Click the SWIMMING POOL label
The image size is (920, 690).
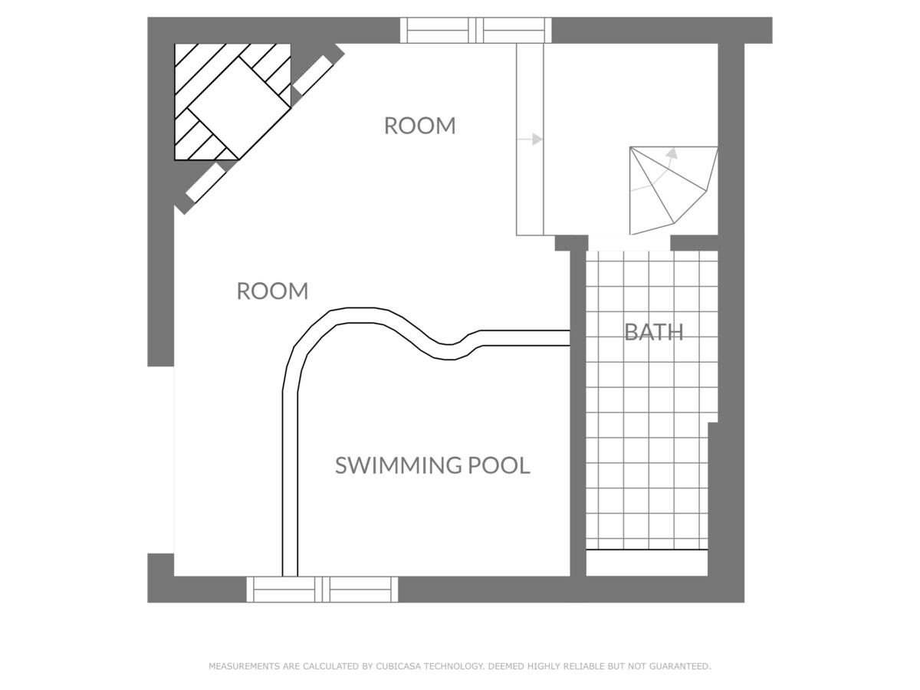pos(432,465)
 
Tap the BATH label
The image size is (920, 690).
pos(654,332)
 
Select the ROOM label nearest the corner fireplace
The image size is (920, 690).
pos(419,126)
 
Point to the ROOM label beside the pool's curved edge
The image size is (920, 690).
pos(272,291)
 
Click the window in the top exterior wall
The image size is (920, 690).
pos(476,30)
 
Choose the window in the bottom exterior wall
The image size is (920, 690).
pos(322,590)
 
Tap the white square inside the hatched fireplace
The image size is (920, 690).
pos(239,107)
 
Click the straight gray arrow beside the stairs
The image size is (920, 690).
pos(531,139)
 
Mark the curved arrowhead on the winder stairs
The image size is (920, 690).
pos(672,153)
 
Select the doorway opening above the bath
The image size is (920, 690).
pos(629,243)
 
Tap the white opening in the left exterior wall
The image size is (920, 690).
pos(160,459)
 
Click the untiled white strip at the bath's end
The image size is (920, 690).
pos(647,563)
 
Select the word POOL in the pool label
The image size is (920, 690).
pos(499,465)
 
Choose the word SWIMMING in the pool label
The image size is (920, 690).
pos(397,465)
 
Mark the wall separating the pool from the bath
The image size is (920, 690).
pos(578,413)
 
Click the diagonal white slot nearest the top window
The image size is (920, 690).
pos(313,75)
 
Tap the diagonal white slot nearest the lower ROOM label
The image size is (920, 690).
pos(205,183)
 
